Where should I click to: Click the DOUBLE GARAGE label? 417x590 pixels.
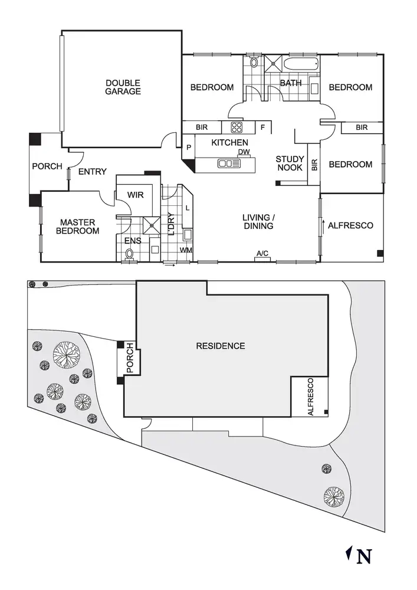point(123,87)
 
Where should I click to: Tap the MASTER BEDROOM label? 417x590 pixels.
point(77,227)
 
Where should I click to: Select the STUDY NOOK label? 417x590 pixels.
point(290,163)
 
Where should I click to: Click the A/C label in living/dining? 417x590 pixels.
point(262,254)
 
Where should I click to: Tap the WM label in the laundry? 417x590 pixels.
point(186,250)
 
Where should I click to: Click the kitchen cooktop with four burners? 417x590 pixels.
point(237,127)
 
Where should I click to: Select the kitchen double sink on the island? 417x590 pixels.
point(229,163)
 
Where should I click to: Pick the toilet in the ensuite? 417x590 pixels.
point(130,254)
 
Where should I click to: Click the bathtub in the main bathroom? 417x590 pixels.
point(301,64)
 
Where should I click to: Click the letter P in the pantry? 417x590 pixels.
point(189,147)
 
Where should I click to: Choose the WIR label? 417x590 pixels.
point(136,194)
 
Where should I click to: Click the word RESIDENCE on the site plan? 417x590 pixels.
point(220,346)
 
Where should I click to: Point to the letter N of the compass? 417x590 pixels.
point(365,556)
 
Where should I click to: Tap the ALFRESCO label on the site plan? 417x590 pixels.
point(311,397)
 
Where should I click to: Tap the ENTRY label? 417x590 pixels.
point(93,172)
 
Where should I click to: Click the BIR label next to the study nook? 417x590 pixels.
point(314,165)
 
